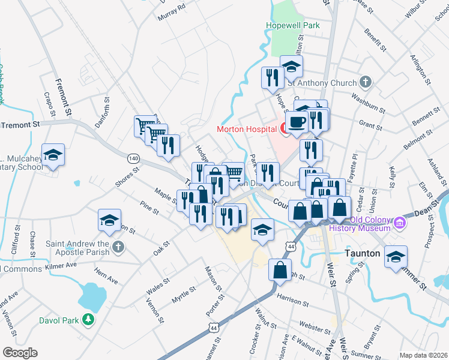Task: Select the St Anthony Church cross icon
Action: (x=366, y=82)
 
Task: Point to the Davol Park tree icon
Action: (x=89, y=320)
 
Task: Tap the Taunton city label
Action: (x=363, y=254)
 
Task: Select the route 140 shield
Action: (x=133, y=158)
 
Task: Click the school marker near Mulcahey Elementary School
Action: (x=53, y=156)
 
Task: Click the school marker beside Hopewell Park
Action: (x=291, y=67)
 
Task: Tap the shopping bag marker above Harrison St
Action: (x=280, y=271)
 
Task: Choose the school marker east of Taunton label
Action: (x=396, y=258)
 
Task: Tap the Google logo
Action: (x=20, y=353)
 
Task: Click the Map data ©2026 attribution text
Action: (x=423, y=355)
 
